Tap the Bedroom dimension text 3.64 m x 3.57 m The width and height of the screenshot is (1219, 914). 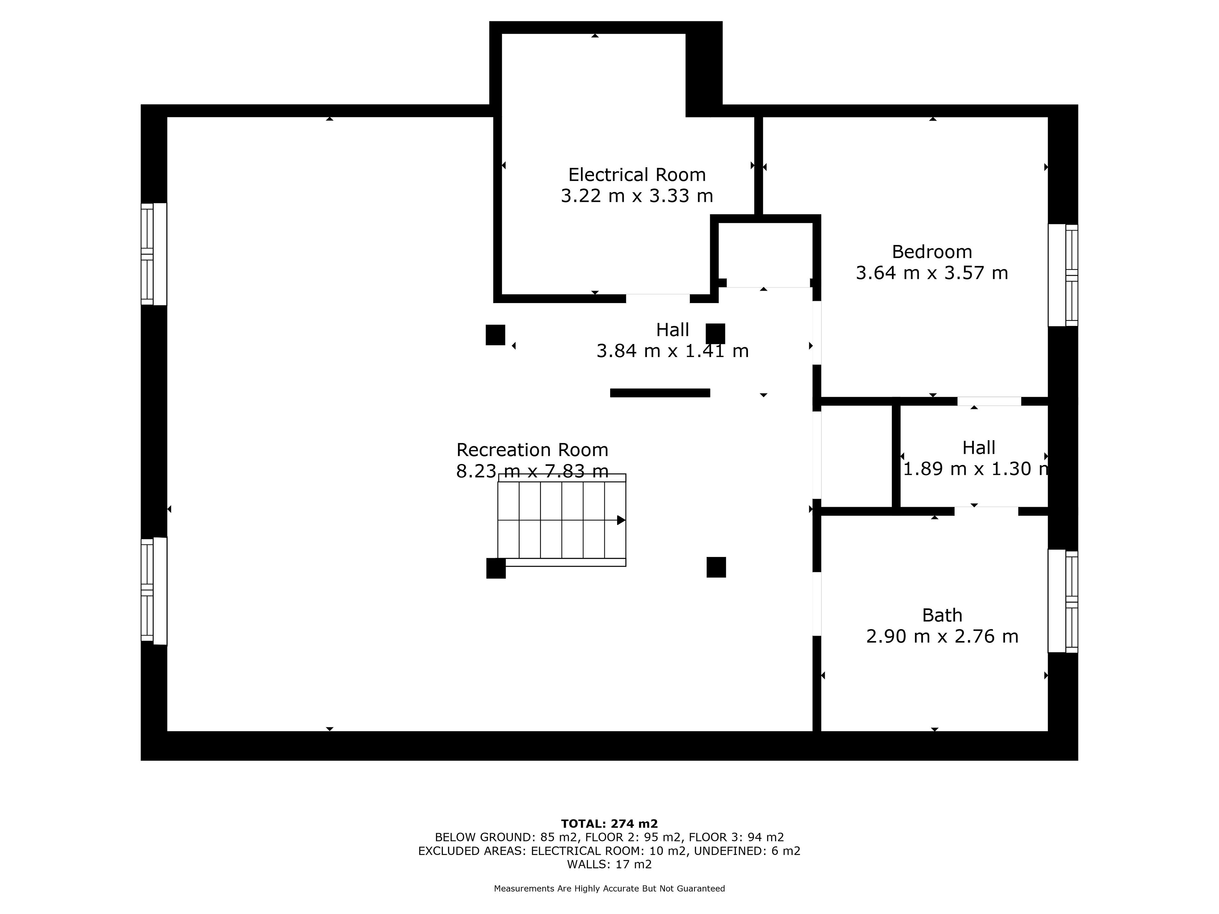click(x=932, y=273)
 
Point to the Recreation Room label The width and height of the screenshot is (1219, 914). click(x=532, y=450)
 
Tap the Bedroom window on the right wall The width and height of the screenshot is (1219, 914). click(x=1063, y=275)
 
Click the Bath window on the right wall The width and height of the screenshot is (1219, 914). click(x=1063, y=601)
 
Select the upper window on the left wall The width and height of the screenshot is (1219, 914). click(x=154, y=254)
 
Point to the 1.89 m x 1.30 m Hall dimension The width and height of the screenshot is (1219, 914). click(x=976, y=468)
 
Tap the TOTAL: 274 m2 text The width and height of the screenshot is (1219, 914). click(x=609, y=824)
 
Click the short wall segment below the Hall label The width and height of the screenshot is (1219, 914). click(x=660, y=393)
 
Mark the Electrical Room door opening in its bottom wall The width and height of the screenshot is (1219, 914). click(x=657, y=298)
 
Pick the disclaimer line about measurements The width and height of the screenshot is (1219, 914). click(x=609, y=888)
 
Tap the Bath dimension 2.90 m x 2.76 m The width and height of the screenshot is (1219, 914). click(x=943, y=636)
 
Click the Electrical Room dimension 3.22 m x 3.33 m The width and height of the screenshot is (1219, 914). click(x=637, y=195)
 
